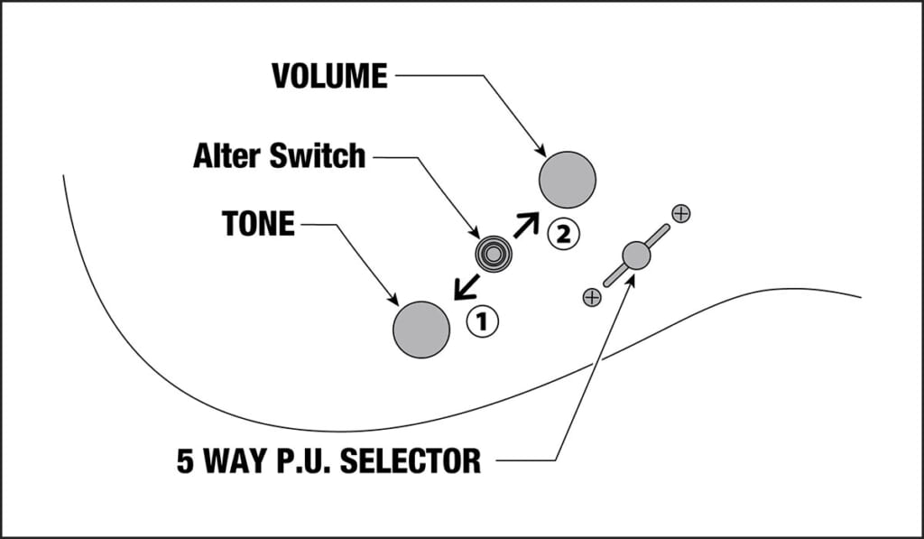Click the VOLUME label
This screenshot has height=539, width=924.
click(x=329, y=77)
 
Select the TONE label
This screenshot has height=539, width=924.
click(x=258, y=223)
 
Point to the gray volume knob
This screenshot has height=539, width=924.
click(x=568, y=180)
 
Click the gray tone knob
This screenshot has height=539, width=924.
click(x=421, y=330)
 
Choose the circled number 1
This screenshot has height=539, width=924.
click(x=482, y=320)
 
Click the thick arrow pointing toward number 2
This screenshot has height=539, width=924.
click(x=525, y=225)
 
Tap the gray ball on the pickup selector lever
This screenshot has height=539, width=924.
click(x=636, y=256)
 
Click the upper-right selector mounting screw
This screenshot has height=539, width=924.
click(x=681, y=214)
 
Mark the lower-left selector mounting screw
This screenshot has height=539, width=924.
click(x=592, y=297)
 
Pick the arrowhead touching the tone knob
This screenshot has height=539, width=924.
click(x=393, y=299)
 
